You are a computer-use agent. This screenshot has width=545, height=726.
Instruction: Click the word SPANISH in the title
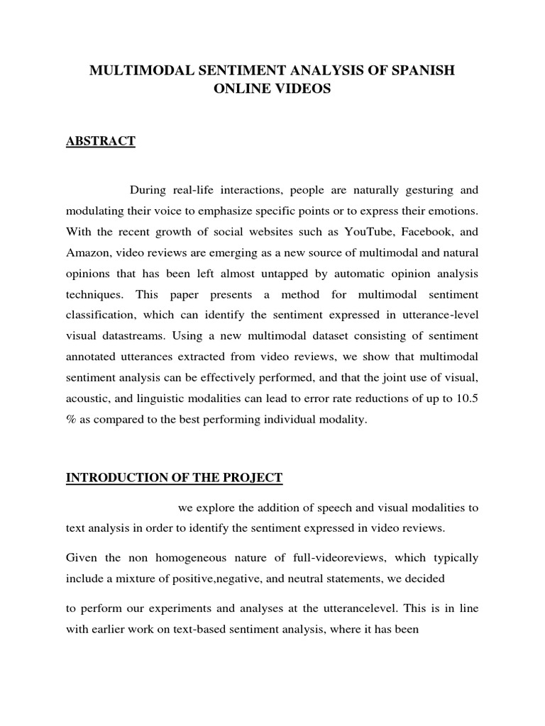416,71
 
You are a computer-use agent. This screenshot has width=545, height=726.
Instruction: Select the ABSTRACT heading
100,141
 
